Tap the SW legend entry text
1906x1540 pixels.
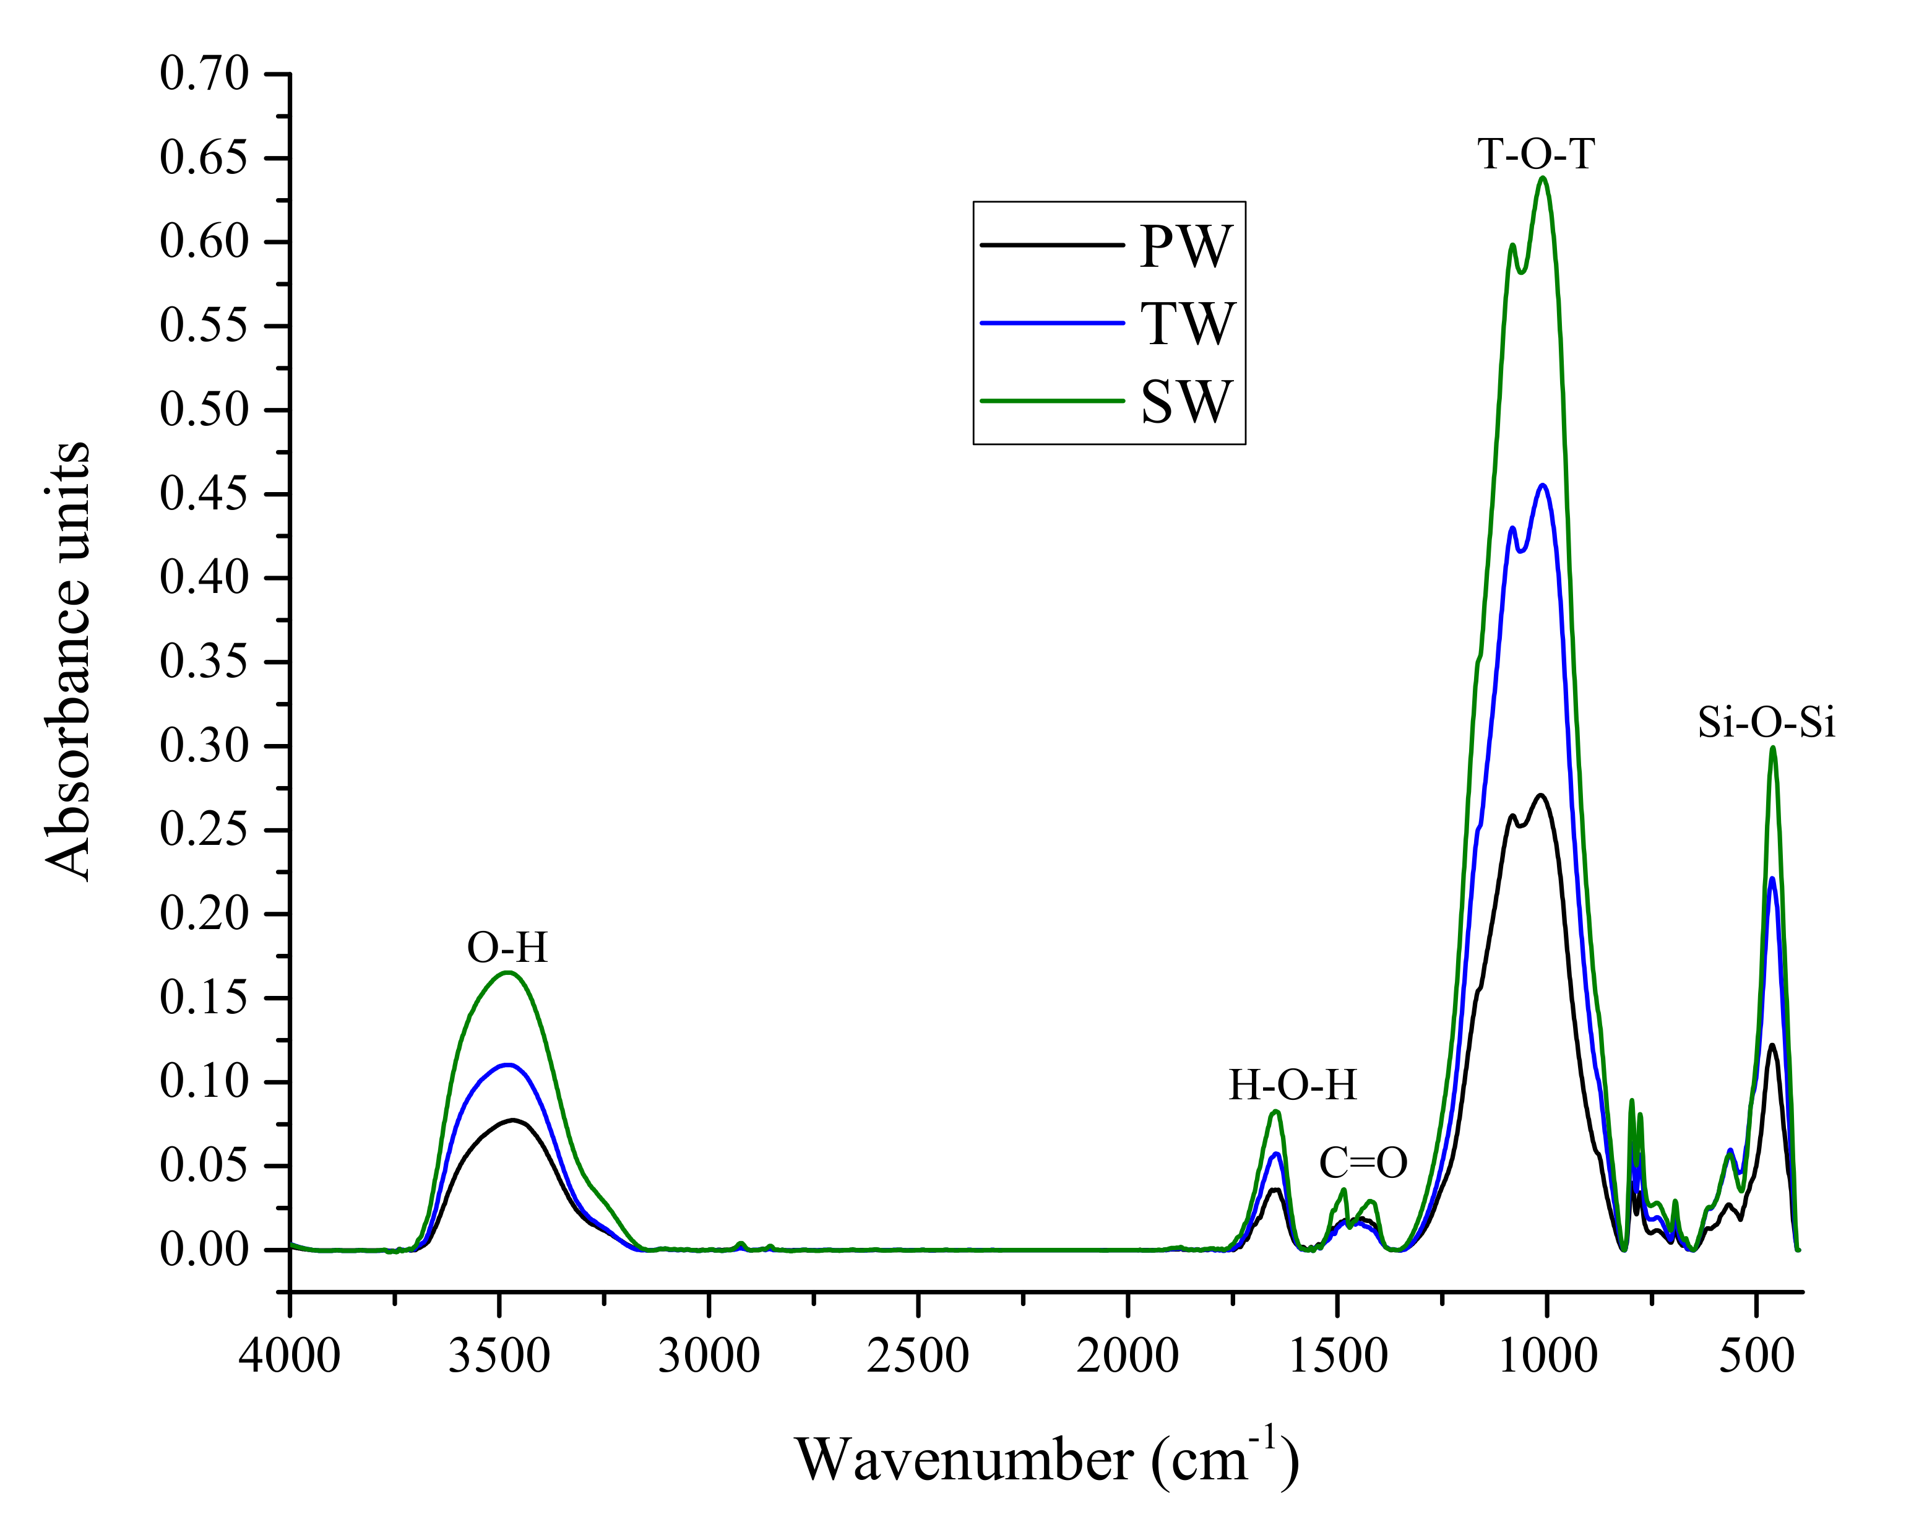click(1186, 401)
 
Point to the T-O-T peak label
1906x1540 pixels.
click(1535, 154)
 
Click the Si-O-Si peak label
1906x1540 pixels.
click(1766, 722)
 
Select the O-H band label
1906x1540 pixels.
click(507, 948)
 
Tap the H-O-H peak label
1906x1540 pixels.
click(1292, 1085)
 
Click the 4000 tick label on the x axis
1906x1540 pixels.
click(290, 1356)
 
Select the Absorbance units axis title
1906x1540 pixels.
click(68, 661)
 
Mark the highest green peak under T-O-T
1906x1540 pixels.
click(1543, 178)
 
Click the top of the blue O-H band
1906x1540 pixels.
click(508, 1065)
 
